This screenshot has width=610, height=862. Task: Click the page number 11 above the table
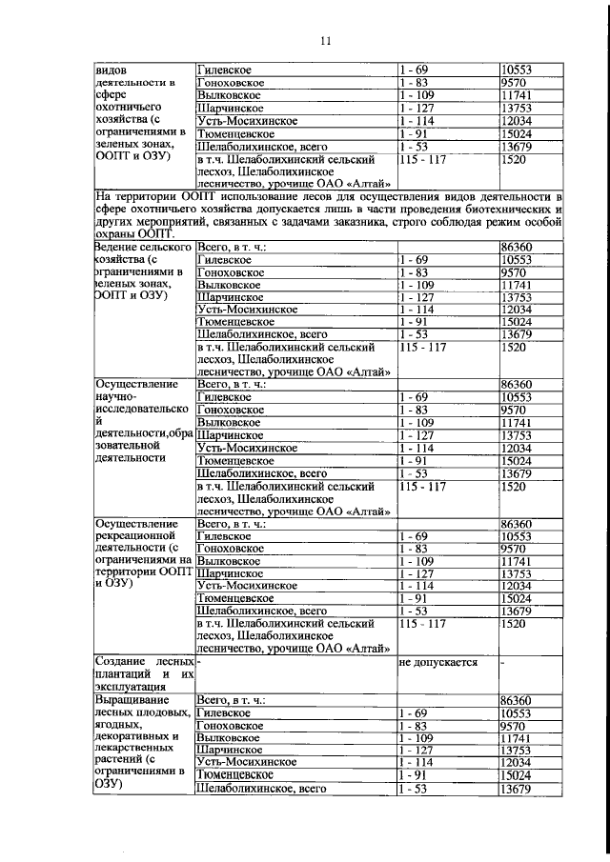[325, 40]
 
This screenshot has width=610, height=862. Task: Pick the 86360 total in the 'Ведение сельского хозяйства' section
[517, 246]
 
